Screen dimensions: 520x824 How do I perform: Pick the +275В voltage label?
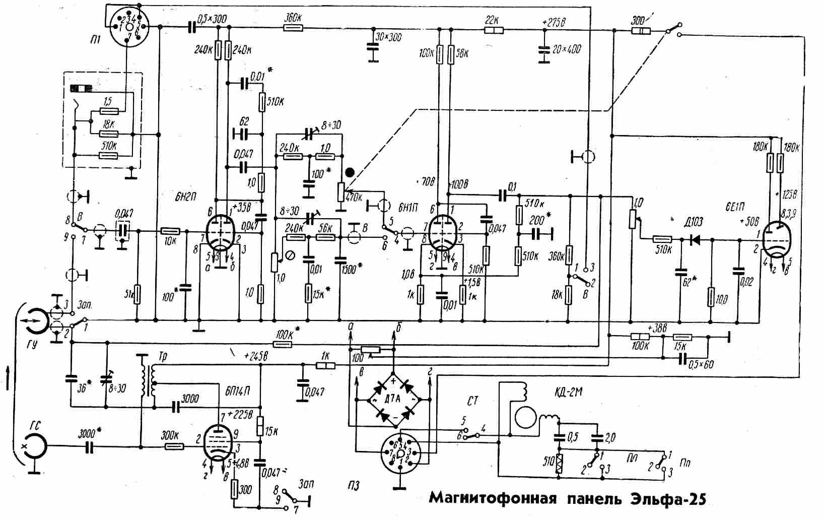point(555,22)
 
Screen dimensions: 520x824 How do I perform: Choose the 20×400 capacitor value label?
point(567,49)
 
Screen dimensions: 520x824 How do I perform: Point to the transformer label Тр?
point(162,356)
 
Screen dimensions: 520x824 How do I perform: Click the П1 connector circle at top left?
point(128,26)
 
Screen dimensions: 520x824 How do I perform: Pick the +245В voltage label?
point(256,355)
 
